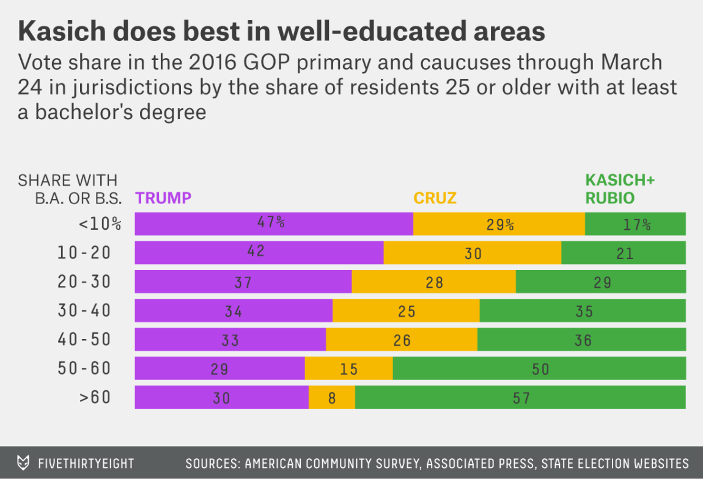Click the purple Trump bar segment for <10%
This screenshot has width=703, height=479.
[x=274, y=224]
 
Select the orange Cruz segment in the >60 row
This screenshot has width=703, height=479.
[x=332, y=397]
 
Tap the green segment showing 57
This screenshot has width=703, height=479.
[x=520, y=397]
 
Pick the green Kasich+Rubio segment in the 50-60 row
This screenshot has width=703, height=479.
[x=539, y=368]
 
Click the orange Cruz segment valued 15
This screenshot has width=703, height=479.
[x=348, y=368]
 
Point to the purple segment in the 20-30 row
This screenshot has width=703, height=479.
[x=243, y=282]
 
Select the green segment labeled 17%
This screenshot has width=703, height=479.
[x=635, y=224]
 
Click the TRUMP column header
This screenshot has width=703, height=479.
[x=163, y=198]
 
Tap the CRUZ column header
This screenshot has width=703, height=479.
[x=435, y=198]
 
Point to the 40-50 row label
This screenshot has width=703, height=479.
[x=85, y=339]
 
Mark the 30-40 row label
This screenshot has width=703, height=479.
[x=85, y=310]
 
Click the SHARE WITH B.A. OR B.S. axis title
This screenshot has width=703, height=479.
[x=68, y=189]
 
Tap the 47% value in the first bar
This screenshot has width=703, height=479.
[x=270, y=222]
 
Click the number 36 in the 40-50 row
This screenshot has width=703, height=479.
[x=583, y=340]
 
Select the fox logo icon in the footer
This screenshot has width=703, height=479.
[x=23, y=463]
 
